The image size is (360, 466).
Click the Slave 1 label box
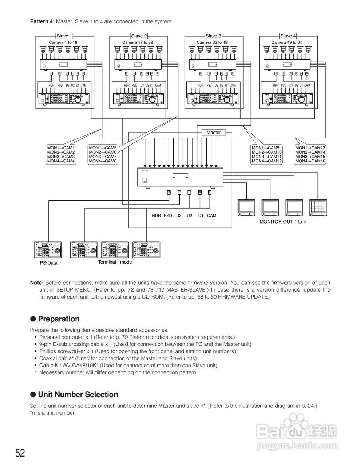[64, 36]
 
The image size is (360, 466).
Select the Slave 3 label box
[213, 36]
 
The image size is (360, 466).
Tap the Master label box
[214, 133]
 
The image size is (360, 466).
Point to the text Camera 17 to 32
[138, 42]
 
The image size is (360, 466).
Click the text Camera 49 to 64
[286, 42]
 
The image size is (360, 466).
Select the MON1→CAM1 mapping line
[61, 148]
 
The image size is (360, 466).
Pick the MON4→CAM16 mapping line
[310, 161]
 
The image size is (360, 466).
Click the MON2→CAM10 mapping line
[266, 152]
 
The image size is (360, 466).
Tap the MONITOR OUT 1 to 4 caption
[282, 221]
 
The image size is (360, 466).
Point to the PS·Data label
[48, 263]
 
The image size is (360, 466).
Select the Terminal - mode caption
[115, 262]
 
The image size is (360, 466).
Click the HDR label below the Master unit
[156, 216]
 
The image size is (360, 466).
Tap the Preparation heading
[58, 319]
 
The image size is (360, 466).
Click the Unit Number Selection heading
[78, 395]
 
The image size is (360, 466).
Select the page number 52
[20, 453]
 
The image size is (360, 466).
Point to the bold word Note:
[37, 283]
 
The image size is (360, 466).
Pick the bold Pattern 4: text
[42, 21]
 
